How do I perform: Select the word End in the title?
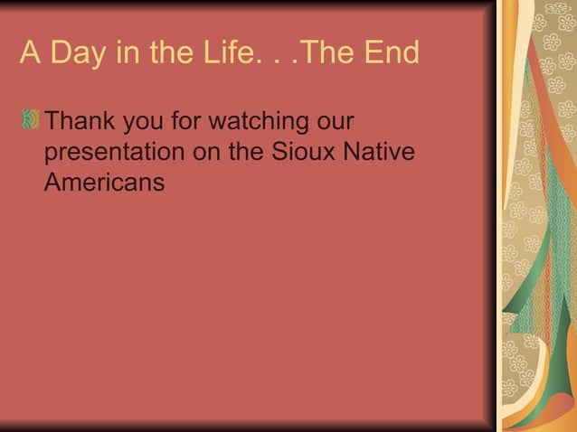tap(392, 54)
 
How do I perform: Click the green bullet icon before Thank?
tap(32, 120)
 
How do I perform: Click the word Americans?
tap(104, 182)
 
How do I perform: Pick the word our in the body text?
tap(334, 121)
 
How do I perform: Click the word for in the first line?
tap(186, 121)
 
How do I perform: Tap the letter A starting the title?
tap(30, 54)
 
